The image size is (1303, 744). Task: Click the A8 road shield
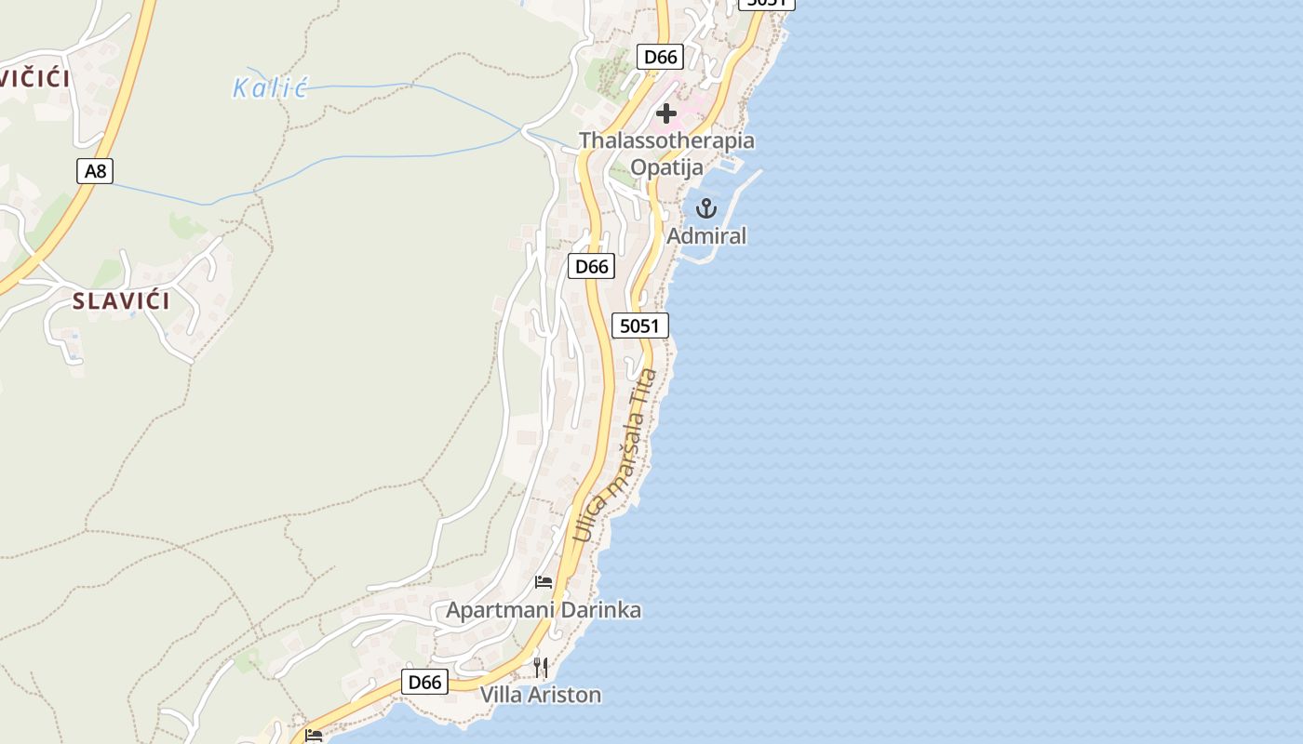(x=94, y=171)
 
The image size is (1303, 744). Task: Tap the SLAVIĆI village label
(x=122, y=301)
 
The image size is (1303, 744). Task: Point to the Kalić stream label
(x=270, y=88)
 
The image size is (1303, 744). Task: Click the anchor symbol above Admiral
(x=706, y=208)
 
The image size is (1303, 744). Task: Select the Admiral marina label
(x=706, y=236)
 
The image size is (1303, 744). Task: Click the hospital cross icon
(x=666, y=113)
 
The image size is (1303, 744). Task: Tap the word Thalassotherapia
(x=666, y=141)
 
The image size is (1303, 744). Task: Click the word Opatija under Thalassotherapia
(x=666, y=167)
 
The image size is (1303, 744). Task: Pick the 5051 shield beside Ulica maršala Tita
(x=640, y=325)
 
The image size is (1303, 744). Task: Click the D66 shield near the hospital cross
(x=661, y=57)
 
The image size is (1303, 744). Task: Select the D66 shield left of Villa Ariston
(x=425, y=682)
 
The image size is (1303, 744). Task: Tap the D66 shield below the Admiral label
(x=591, y=267)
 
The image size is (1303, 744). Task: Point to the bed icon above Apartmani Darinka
(x=544, y=582)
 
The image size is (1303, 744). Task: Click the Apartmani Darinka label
(x=544, y=611)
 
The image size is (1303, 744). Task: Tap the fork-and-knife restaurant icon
(x=541, y=667)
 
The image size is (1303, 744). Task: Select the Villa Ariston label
(x=541, y=695)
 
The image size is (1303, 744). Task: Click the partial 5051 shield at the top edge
(x=767, y=3)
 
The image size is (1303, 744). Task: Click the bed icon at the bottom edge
(x=314, y=736)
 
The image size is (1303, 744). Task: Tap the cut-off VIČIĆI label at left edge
(x=34, y=79)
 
